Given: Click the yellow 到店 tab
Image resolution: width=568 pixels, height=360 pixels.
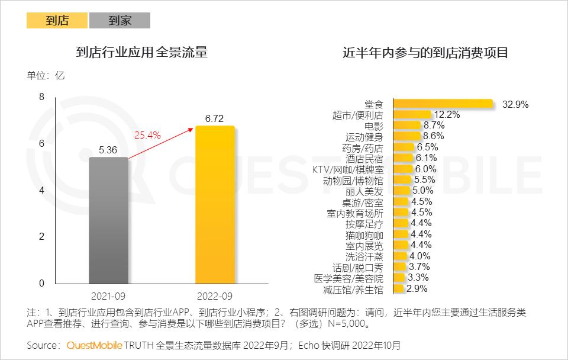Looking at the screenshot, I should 57,21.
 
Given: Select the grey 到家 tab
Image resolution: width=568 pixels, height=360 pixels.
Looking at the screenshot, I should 120,21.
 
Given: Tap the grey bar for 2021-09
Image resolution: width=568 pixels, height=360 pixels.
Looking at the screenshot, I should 108,220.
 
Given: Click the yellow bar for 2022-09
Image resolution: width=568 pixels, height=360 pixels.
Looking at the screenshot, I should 215,204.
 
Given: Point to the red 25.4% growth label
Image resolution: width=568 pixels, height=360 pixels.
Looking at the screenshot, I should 148,135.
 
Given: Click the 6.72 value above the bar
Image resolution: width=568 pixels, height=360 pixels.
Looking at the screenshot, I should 214,118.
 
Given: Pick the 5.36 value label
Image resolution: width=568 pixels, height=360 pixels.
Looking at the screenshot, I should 108,150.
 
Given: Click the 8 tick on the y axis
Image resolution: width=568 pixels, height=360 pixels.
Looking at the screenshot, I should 41,97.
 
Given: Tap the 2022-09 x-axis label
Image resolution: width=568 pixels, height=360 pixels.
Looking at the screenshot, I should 215,295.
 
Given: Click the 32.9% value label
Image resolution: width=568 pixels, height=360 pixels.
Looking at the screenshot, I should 515,104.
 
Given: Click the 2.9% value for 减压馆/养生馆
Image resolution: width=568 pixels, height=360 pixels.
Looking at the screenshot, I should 417,289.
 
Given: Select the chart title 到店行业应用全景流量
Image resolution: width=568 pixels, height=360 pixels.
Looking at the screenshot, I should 142,53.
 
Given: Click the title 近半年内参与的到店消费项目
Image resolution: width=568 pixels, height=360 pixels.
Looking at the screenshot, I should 425,53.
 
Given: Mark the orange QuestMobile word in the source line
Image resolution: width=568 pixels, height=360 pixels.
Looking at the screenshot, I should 94,345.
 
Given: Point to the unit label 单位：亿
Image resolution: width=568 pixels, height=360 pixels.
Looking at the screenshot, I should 46,76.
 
